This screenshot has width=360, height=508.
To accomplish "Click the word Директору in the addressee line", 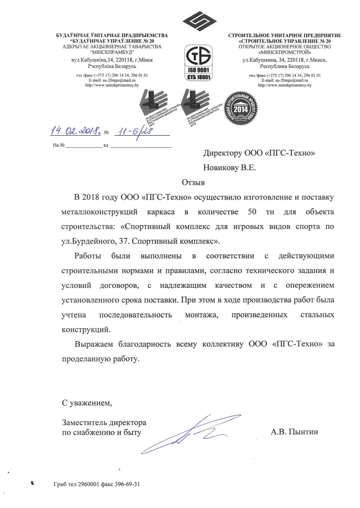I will [x=226, y=153].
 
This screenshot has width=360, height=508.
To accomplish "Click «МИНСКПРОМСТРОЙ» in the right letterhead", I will [x=289, y=53].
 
